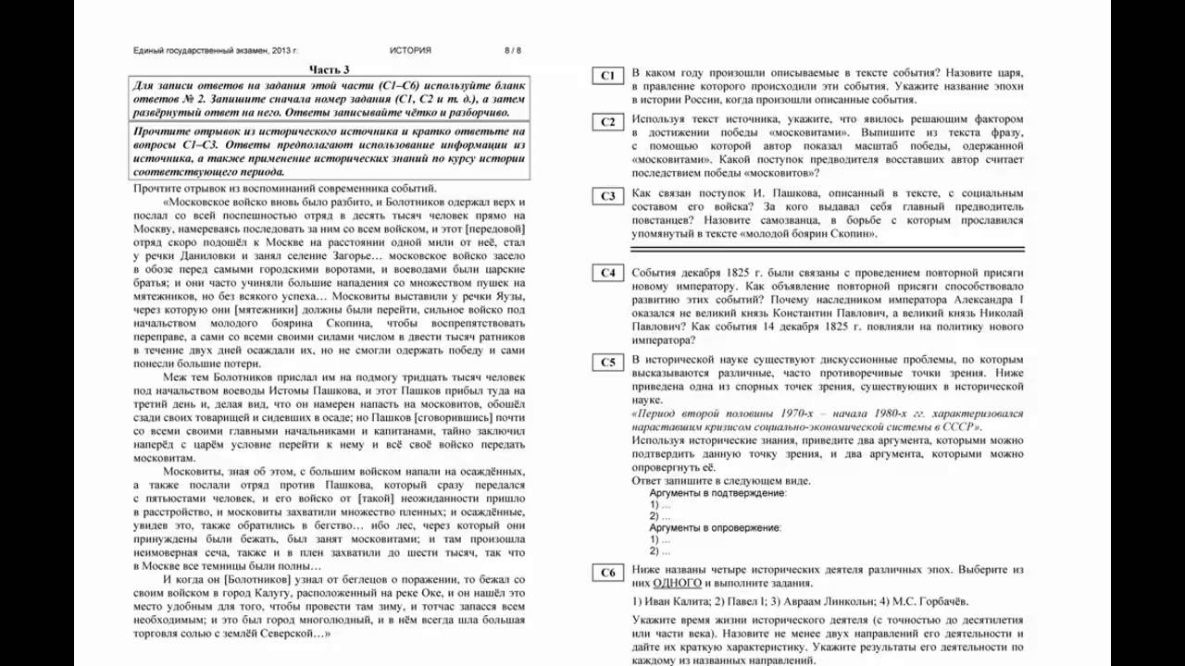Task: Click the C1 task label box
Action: pyautogui.click(x=607, y=76)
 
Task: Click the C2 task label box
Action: pyautogui.click(x=607, y=122)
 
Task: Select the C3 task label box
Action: pyautogui.click(x=607, y=196)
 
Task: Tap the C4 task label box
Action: pyautogui.click(x=607, y=273)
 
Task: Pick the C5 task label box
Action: pyautogui.click(x=607, y=363)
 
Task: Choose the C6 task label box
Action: pyautogui.click(x=607, y=573)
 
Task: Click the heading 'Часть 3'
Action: pyautogui.click(x=330, y=69)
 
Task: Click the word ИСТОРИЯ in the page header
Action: pyautogui.click(x=410, y=51)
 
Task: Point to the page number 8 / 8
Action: pyautogui.click(x=513, y=51)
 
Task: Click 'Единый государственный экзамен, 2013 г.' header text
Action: pyautogui.click(x=216, y=51)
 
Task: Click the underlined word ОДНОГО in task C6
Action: pyautogui.click(x=678, y=584)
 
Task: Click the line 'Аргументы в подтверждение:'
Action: pyautogui.click(x=717, y=493)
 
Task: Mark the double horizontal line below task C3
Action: pyautogui.click(x=827, y=249)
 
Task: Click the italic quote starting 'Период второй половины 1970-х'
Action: pyautogui.click(x=827, y=421)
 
